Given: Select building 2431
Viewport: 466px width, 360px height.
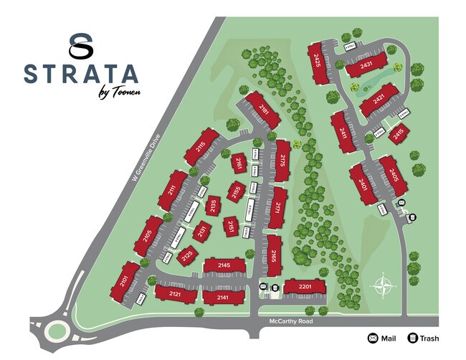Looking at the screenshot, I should tap(367, 65).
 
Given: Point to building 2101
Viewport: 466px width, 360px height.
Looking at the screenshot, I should tap(125, 280).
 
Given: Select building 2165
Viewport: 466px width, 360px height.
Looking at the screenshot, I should tap(275, 255).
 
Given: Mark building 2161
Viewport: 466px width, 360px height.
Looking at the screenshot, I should tap(238, 164).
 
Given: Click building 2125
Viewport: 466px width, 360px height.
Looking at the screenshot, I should tap(188, 255).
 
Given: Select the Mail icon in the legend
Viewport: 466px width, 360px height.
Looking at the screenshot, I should tap(373, 338).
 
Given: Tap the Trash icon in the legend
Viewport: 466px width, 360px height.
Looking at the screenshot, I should tap(412, 338).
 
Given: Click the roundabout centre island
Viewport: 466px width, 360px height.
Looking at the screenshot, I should tap(56, 331).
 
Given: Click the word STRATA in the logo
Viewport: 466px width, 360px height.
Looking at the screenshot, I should tap(80, 74).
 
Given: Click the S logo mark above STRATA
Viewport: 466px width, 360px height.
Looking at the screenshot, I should tap(81, 44).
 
